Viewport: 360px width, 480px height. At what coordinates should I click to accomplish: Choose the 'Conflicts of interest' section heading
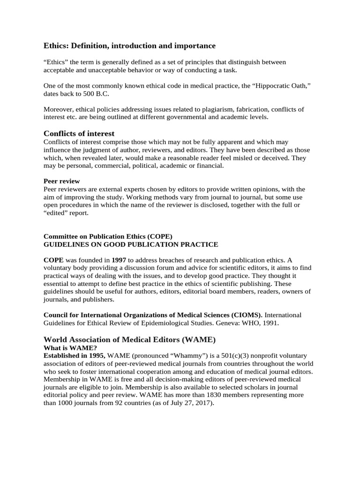(x=79, y=134)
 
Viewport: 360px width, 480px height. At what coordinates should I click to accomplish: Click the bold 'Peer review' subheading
(x=61, y=181)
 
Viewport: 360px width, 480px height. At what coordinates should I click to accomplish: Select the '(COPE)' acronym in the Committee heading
(x=163, y=236)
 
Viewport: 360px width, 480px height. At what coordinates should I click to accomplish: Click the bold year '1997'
(x=119, y=260)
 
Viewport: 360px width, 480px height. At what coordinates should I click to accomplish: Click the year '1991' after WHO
(x=270, y=322)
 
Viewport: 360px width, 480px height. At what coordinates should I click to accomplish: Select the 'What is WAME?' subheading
(x=70, y=347)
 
